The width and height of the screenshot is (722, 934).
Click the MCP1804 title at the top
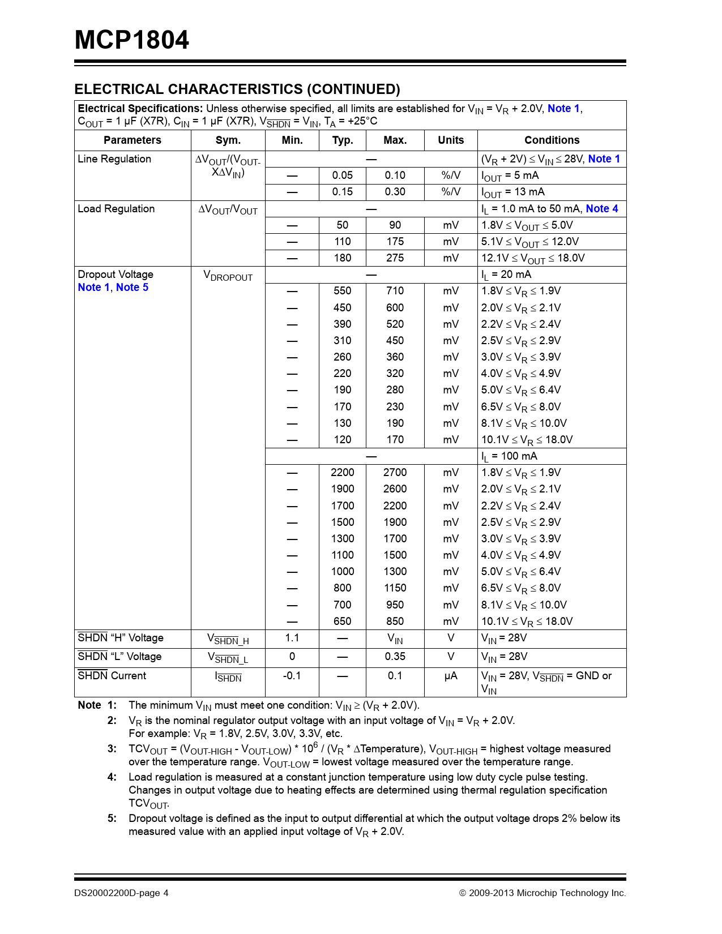click(x=132, y=40)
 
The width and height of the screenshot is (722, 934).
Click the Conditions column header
click(x=552, y=140)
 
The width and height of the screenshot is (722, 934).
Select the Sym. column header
click(x=228, y=140)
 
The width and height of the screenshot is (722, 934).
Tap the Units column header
click(x=451, y=140)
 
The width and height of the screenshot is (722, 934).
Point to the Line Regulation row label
click(x=114, y=159)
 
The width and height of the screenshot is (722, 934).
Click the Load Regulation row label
click(x=116, y=209)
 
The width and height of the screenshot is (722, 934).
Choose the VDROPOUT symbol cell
click(x=228, y=276)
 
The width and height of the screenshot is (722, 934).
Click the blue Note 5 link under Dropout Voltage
click(x=132, y=288)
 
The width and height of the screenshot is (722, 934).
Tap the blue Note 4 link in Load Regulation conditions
click(x=601, y=209)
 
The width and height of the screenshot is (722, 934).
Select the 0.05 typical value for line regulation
click(x=343, y=175)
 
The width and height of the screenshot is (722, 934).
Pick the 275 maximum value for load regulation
click(x=395, y=258)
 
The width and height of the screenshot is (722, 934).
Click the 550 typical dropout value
click(x=343, y=291)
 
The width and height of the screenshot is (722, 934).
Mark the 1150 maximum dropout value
click(x=395, y=588)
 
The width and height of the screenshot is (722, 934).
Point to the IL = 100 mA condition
click(x=509, y=456)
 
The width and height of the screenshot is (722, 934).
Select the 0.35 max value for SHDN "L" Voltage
click(x=395, y=657)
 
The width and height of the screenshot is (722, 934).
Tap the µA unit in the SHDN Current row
click(x=451, y=676)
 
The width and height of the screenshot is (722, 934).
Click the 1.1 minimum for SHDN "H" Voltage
click(x=292, y=638)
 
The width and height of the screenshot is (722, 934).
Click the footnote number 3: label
click(x=112, y=749)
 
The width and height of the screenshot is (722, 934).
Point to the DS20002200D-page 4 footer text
click(x=121, y=893)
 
